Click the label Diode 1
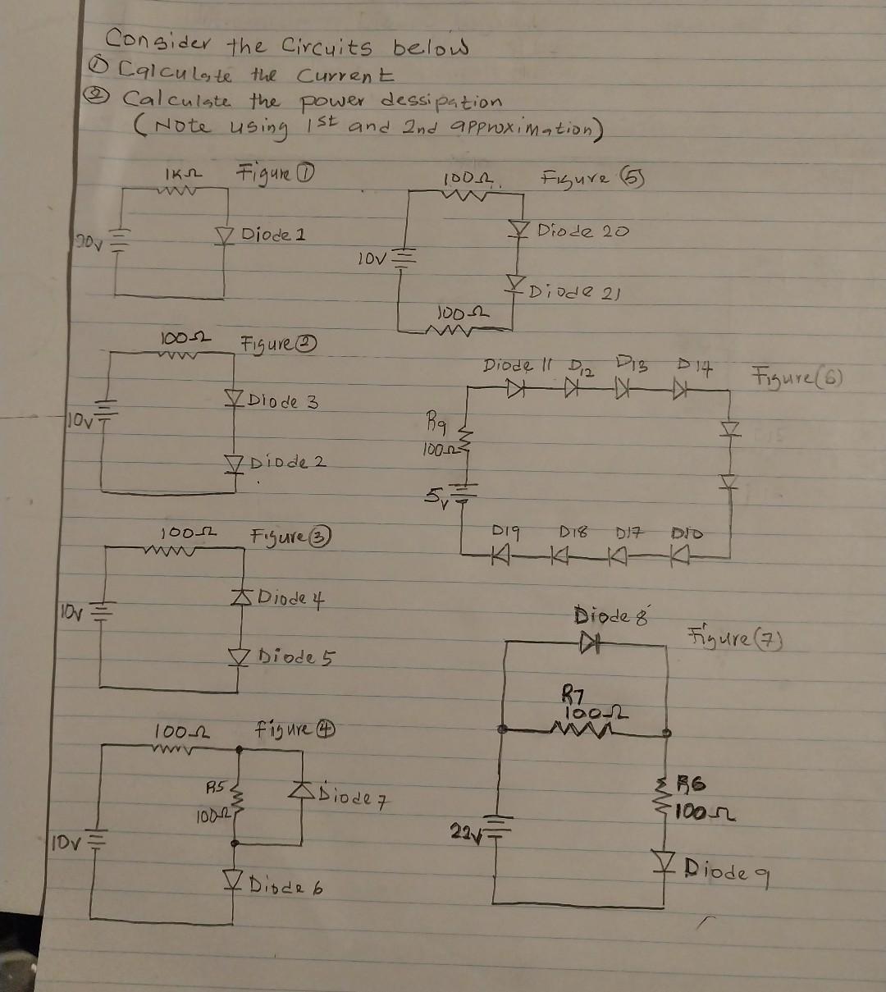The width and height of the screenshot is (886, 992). tap(273, 235)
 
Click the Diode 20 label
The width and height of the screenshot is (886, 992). tap(582, 231)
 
